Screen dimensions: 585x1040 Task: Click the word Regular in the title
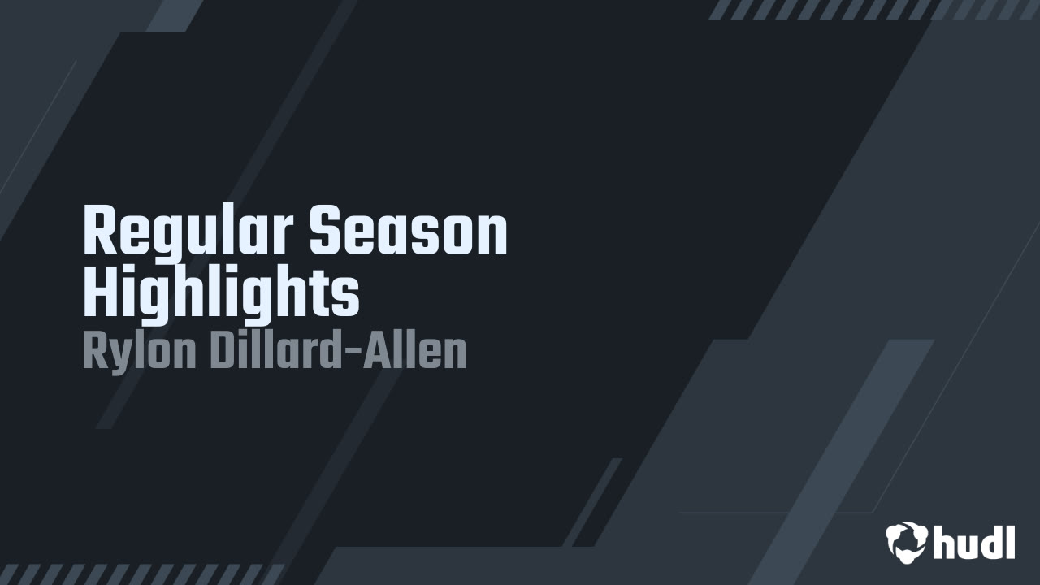point(188,232)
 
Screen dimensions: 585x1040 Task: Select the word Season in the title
point(408,232)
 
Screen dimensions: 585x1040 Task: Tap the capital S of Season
point(323,232)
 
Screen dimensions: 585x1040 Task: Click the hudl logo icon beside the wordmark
point(907,542)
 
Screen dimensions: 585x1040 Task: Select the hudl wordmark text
point(974,542)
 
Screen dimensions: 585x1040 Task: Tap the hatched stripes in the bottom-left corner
point(142,574)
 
